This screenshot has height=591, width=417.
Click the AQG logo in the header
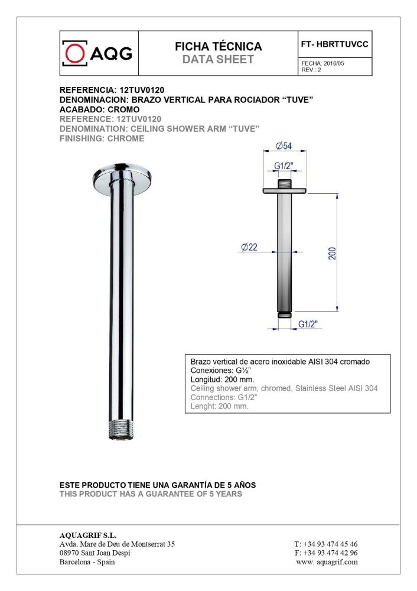(98, 54)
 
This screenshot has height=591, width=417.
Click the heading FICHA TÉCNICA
(218, 47)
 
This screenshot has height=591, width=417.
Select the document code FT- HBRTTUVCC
(335, 44)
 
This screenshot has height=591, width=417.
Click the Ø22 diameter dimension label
(249, 248)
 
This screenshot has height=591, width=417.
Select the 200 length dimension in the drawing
(332, 253)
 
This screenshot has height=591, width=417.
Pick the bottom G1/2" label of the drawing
(308, 324)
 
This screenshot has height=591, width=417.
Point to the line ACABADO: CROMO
(100, 110)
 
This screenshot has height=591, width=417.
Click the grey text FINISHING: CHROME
(102, 138)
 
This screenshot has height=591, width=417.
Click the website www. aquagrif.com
(327, 562)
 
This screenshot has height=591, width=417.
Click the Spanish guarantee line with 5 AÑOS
(158, 485)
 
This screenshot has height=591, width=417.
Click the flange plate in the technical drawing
(285, 190)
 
